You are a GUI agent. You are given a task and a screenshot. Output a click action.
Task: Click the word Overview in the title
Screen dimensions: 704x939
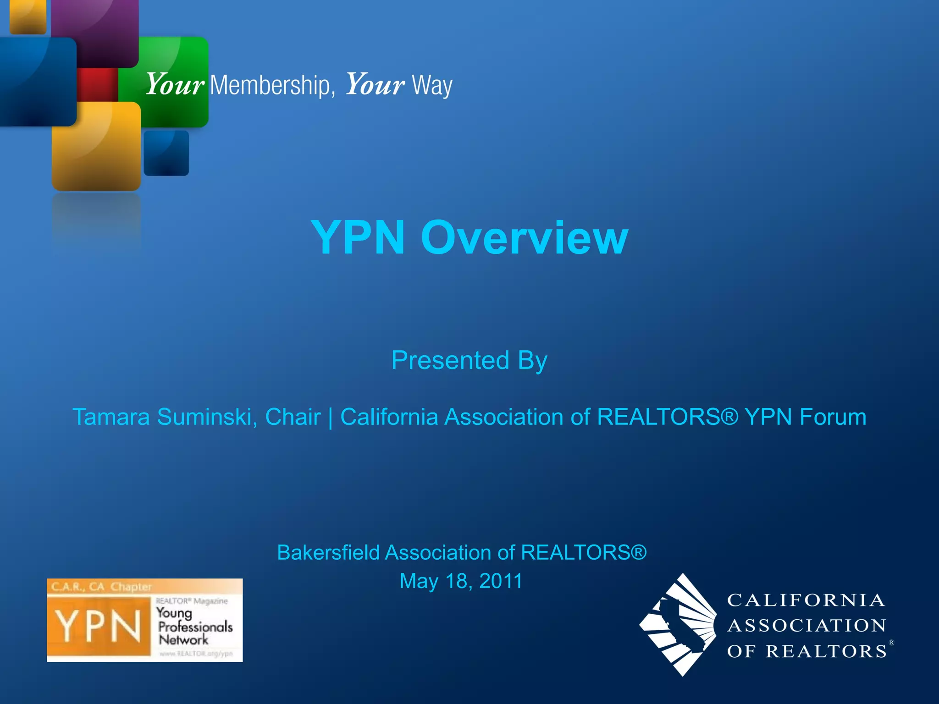[525, 237]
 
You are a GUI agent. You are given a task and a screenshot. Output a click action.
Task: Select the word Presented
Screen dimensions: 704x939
[450, 360]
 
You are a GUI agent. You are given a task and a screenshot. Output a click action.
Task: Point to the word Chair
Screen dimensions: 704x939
[293, 417]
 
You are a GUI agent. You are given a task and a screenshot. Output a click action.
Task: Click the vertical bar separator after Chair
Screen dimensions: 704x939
[331, 418]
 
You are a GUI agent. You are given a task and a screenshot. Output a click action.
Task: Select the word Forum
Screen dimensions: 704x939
[833, 417]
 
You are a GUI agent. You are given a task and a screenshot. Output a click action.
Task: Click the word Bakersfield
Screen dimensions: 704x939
[328, 553]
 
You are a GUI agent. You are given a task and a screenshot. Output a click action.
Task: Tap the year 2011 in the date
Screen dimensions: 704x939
[501, 581]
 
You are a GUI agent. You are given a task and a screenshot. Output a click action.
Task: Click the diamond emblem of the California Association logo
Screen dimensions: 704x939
[679, 624]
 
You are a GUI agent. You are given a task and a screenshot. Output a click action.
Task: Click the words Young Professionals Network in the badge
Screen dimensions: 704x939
[194, 627]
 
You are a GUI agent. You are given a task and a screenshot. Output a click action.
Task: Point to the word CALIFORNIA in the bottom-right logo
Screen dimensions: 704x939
[806, 600]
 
